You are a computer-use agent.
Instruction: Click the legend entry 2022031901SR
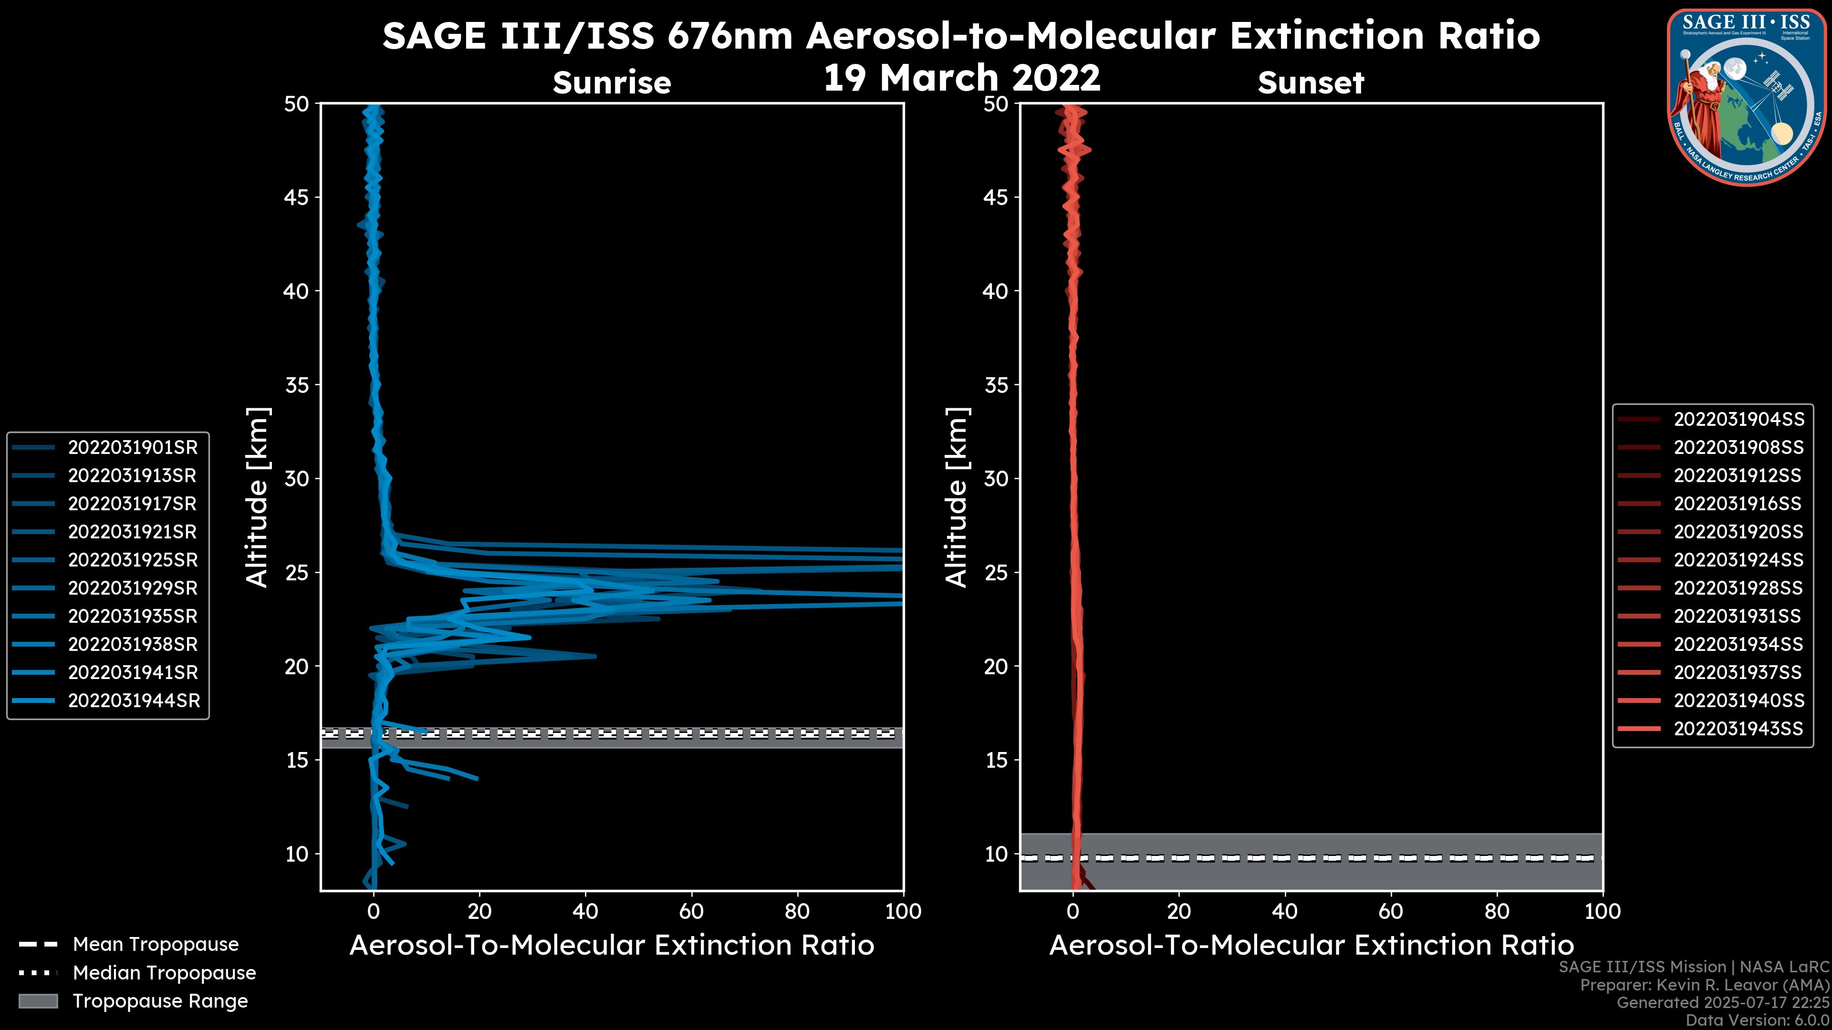[132, 447]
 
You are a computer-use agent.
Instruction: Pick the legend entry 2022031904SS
[1738, 420]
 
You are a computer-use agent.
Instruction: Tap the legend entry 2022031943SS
[1738, 729]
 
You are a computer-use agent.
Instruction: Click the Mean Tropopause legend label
[156, 944]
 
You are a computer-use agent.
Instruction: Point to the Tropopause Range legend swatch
[38, 1001]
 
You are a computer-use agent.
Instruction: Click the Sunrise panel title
[612, 83]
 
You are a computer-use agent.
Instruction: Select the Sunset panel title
[1311, 83]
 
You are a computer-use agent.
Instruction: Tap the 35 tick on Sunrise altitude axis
[297, 385]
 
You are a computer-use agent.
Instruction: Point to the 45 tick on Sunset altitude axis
[996, 197]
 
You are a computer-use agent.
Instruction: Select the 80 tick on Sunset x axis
[1497, 911]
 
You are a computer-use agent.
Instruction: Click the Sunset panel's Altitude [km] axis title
[957, 497]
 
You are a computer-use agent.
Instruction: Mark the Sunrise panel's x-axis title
[612, 946]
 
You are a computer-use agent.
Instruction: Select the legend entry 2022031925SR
[132, 560]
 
